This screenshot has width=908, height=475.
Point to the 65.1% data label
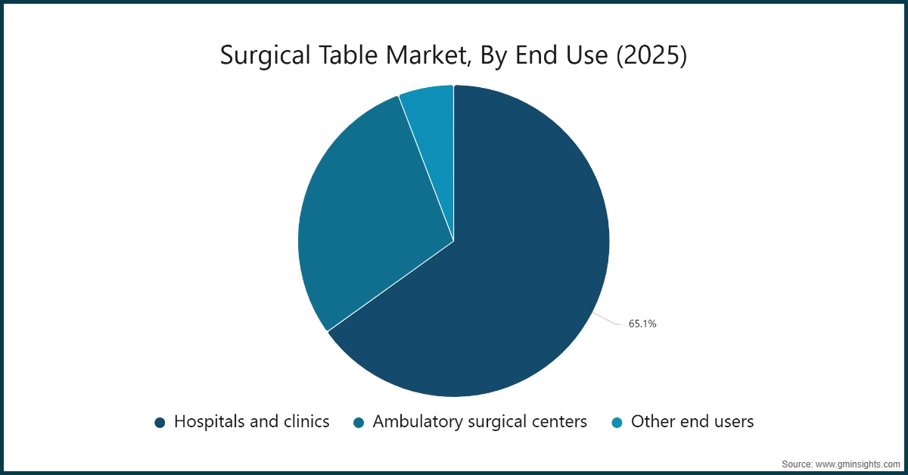tap(642, 323)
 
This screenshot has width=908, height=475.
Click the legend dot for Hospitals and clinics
tap(160, 423)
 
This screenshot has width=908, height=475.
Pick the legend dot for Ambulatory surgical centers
tap(359, 423)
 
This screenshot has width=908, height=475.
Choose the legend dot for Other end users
tap(617, 423)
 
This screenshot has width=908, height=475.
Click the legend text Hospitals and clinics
tap(251, 422)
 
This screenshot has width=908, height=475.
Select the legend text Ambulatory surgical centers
tap(480, 422)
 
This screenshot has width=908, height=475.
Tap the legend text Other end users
tap(692, 422)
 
